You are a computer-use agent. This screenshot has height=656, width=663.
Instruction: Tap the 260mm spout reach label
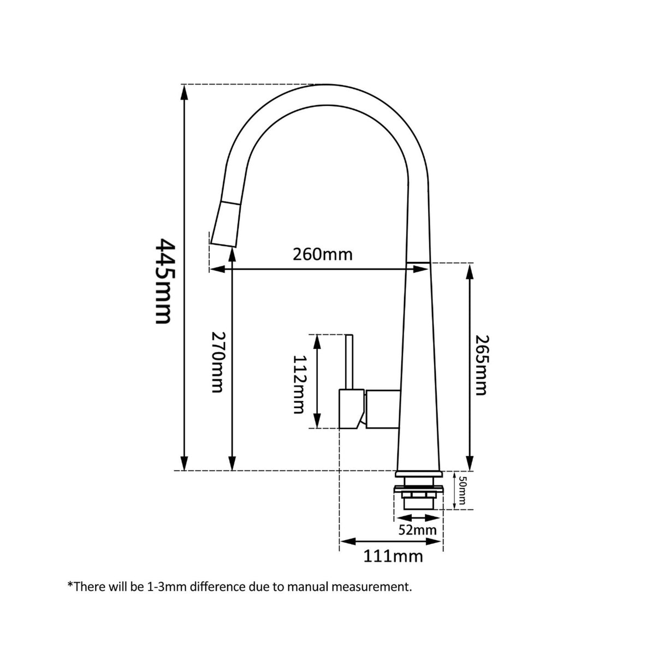click(322, 254)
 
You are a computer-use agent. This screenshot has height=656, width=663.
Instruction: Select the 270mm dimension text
click(217, 362)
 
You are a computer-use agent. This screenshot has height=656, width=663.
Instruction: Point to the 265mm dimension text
click(480, 365)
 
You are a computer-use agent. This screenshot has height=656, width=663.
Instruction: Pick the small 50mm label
click(462, 490)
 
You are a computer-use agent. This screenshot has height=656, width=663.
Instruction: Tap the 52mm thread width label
click(417, 530)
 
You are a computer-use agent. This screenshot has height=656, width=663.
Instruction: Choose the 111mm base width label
click(393, 556)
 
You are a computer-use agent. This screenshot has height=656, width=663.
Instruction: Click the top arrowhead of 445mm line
click(185, 91)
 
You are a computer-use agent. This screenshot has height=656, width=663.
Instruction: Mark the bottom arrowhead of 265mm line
click(468, 464)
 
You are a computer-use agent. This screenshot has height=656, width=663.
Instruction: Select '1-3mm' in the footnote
click(158, 587)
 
